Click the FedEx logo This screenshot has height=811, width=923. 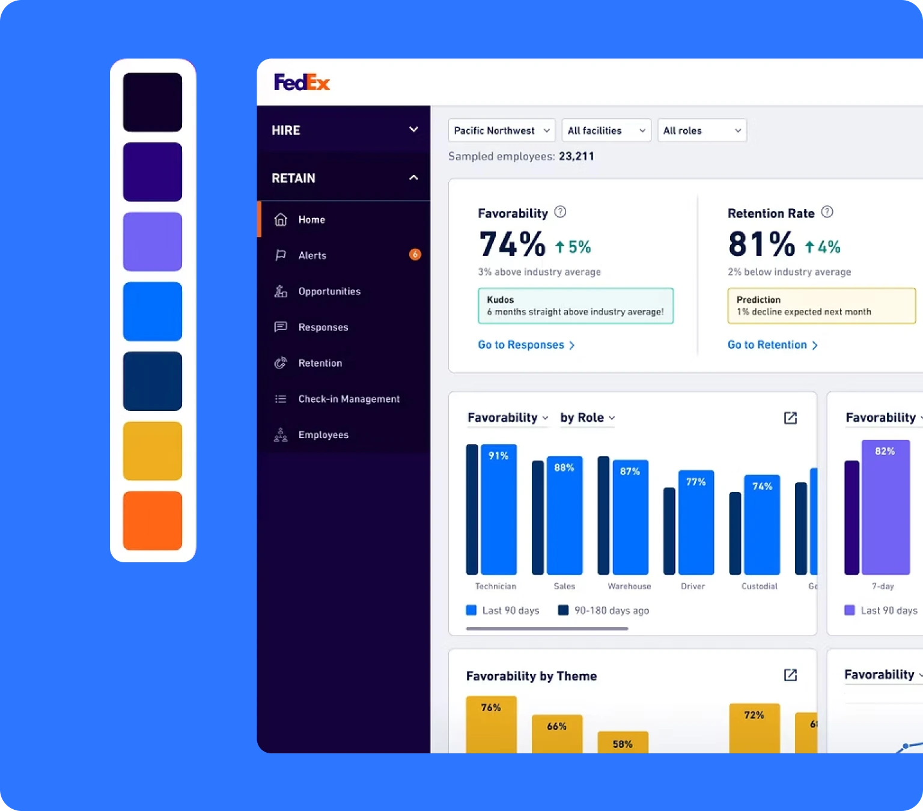coord(302,82)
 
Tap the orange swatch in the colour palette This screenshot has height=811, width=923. coord(153,520)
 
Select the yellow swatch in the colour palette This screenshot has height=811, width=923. coord(153,451)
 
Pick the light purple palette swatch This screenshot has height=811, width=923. coord(153,241)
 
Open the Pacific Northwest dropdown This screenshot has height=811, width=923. coord(501,130)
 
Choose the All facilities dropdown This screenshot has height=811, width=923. coord(606,130)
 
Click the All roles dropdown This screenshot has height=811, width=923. coord(701,130)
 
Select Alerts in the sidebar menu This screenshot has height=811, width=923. coord(312,255)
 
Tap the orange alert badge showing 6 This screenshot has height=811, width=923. coord(415,255)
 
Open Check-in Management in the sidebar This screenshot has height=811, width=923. coord(349,399)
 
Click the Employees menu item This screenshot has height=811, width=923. coord(323,435)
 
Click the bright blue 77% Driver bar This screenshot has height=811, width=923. coord(696,523)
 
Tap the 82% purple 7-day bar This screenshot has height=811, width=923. coord(885,507)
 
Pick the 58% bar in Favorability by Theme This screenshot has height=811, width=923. coord(623,742)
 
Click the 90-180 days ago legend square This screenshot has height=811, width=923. coord(563,610)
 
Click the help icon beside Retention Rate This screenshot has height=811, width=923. coord(827,212)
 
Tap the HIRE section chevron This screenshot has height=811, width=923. coord(413,130)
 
